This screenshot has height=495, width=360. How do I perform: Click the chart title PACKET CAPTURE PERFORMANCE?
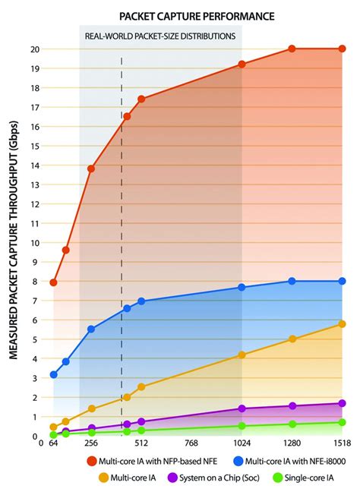(x=197, y=15)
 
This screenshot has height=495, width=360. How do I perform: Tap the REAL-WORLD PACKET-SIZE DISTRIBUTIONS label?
(x=161, y=36)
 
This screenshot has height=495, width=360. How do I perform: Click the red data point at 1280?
(x=292, y=49)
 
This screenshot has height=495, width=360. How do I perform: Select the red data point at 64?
(x=53, y=282)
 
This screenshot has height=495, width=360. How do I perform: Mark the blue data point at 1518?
(x=342, y=281)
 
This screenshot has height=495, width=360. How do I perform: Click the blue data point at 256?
(x=91, y=329)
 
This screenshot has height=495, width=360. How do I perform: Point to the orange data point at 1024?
(x=242, y=355)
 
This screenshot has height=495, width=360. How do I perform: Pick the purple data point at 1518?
(x=342, y=404)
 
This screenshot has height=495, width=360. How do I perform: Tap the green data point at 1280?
(x=292, y=424)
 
